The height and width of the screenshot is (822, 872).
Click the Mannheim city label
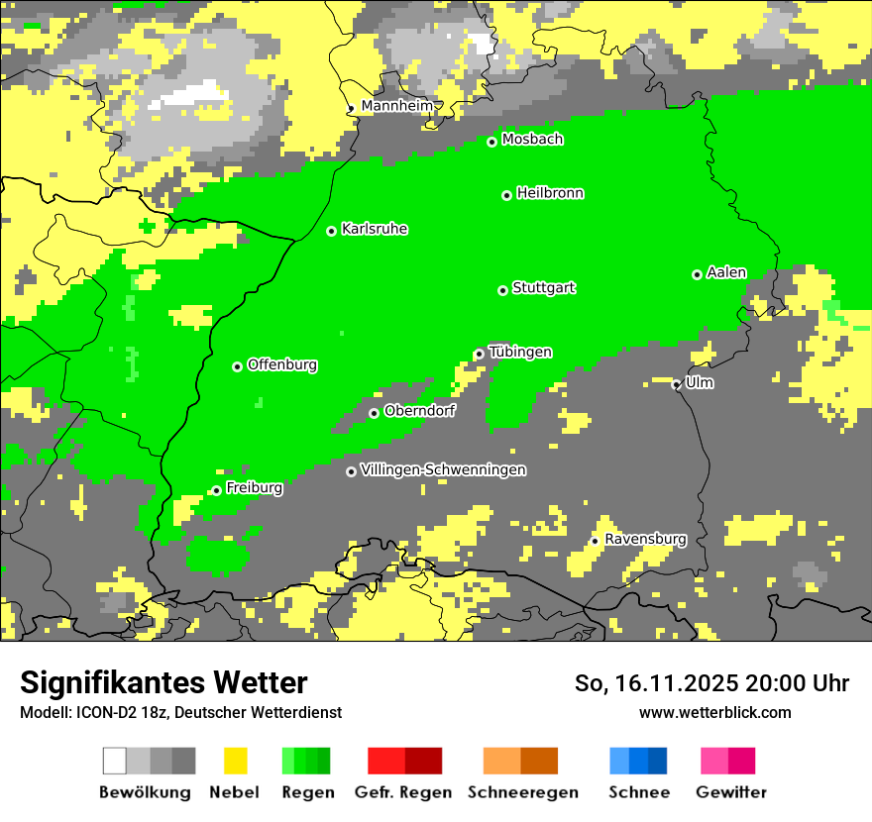396,106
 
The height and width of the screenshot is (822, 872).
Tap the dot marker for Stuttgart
503,290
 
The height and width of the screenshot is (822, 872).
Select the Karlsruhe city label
374,230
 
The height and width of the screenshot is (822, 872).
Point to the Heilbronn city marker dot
506,195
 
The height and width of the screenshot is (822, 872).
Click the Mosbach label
532,140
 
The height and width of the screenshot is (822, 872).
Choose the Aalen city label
726,272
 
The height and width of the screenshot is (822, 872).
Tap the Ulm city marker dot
677,384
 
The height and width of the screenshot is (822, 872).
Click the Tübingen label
520,353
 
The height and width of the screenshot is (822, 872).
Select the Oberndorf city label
419,411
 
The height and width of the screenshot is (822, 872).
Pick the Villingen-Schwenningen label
443,470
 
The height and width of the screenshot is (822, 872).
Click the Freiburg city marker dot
216,490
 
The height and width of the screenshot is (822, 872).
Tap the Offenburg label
282,365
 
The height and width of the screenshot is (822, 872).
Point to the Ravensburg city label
645,540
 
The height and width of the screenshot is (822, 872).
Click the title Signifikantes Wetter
163,682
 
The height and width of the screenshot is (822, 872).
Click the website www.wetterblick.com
714,712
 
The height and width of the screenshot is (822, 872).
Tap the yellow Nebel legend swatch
236,761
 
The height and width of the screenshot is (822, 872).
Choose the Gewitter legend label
731,792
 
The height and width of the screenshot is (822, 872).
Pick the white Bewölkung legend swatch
115,761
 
